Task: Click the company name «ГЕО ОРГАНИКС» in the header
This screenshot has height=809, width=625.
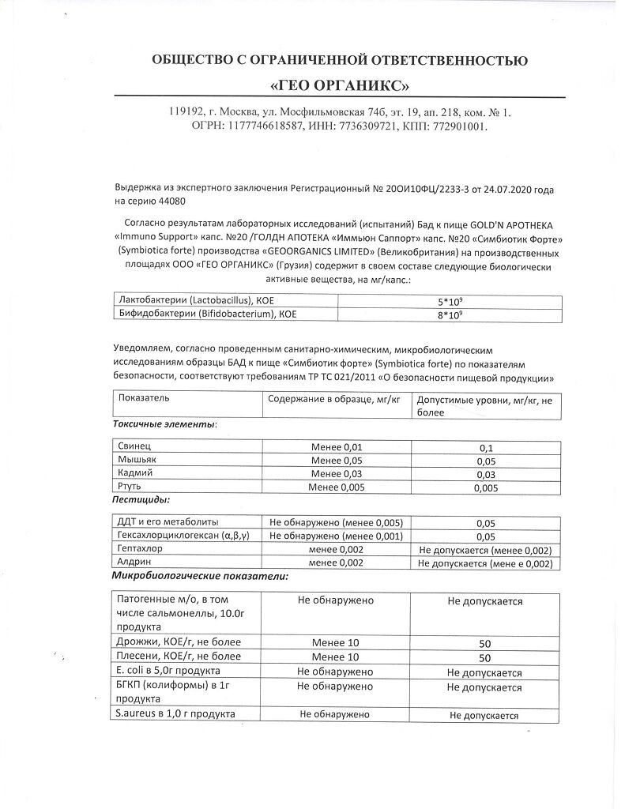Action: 340,85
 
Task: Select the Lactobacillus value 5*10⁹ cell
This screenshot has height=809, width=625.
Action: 450,301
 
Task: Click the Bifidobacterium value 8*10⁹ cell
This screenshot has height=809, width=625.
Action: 450,315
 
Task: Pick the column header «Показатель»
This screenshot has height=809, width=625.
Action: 143,399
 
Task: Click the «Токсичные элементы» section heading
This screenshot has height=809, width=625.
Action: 165,424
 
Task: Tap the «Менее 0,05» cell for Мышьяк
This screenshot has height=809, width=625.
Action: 337,460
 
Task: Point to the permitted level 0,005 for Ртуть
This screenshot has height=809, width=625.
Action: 485,488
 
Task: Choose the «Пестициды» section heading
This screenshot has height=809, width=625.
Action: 141,500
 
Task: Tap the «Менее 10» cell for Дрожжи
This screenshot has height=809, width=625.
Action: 335,642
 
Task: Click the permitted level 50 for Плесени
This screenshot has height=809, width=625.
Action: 485,657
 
